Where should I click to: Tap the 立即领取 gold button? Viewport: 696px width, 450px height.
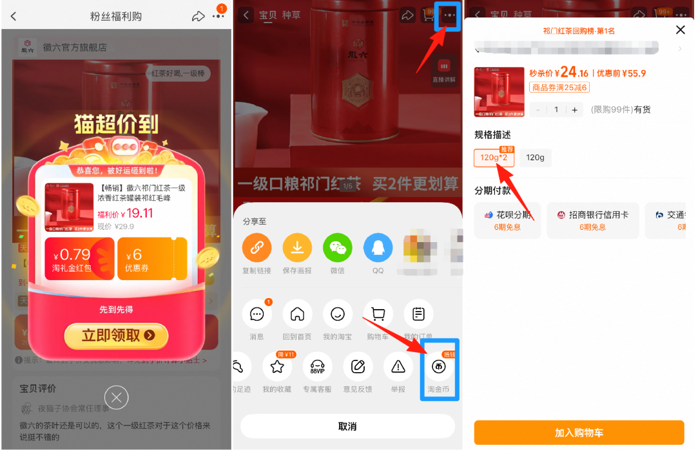point(116,335)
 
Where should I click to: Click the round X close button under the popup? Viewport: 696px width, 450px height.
point(116,398)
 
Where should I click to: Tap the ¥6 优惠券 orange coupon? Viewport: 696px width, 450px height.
point(152,259)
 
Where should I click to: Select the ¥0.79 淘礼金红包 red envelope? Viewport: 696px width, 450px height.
point(79,259)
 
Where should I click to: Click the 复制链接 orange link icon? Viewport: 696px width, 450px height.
point(256,247)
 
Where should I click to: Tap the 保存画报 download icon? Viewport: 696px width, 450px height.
point(297,247)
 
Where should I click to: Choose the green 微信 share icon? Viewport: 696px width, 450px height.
point(337,247)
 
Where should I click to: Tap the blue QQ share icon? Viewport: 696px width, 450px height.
point(378,247)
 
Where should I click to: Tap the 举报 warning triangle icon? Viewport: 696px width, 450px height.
point(398,367)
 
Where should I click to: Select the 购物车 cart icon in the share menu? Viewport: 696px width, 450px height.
point(378,314)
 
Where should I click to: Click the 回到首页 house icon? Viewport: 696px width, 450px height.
point(297,314)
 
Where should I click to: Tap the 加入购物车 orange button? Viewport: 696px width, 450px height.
point(579,433)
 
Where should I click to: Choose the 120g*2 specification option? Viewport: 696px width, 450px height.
point(494,158)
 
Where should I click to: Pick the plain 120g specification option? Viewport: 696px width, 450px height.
point(535,158)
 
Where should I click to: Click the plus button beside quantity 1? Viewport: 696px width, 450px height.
point(574,109)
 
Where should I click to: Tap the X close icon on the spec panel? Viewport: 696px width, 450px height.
point(680,30)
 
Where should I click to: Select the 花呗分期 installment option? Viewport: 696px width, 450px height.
point(508,220)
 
